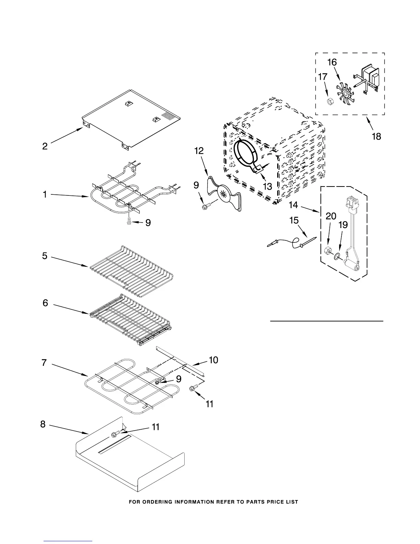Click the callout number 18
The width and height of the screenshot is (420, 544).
376,136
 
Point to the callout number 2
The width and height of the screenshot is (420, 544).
45,146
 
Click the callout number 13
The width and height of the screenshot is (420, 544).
267,186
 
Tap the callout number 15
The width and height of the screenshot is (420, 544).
294,220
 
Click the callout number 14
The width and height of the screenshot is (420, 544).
293,205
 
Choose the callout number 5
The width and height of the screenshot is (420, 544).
45,256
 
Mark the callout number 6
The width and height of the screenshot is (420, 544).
45,303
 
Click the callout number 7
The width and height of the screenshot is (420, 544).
44,363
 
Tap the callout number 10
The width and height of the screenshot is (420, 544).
213,360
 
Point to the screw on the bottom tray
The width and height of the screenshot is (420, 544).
114,435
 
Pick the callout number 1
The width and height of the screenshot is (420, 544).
45,195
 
